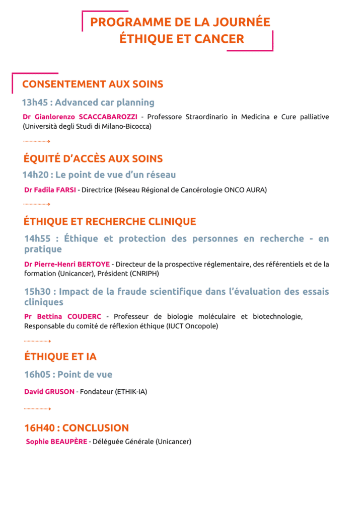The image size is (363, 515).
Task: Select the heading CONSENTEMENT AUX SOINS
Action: click(93, 84)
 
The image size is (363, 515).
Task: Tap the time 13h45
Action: click(35, 103)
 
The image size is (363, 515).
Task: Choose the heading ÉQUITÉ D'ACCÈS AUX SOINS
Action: click(93, 159)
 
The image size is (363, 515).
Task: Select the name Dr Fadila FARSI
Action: click(50, 190)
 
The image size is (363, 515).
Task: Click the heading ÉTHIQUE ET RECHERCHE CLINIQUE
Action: click(110, 221)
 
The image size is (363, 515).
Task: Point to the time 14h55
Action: click(38, 239)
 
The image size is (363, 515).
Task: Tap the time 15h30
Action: click(38, 292)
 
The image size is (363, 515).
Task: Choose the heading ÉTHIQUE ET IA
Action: click(60, 357)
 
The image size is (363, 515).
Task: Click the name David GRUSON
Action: click(49, 391)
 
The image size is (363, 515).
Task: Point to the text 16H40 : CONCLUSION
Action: click(77, 428)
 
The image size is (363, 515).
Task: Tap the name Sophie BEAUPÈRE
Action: click(56, 442)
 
